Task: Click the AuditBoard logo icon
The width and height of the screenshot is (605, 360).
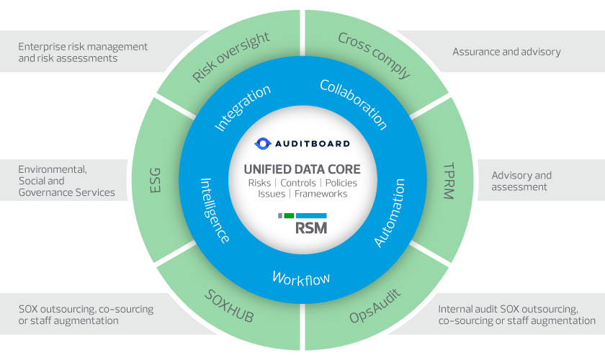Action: click(x=264, y=143)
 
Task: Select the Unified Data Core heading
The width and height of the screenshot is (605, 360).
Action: click(x=302, y=170)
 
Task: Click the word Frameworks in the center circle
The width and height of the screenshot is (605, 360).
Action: click(x=321, y=194)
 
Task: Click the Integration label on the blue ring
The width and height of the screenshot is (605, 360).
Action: click(x=243, y=108)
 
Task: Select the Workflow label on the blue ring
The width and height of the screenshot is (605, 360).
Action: click(x=300, y=277)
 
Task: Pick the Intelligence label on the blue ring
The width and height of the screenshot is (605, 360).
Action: click(x=215, y=210)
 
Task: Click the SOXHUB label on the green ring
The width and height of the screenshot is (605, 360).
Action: click(x=229, y=307)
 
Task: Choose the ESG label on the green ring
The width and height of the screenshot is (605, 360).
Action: click(x=155, y=181)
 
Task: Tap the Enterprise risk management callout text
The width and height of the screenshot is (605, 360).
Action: click(x=83, y=52)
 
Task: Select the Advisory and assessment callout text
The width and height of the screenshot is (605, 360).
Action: click(x=521, y=181)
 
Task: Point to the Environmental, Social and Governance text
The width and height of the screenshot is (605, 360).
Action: click(x=66, y=181)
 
